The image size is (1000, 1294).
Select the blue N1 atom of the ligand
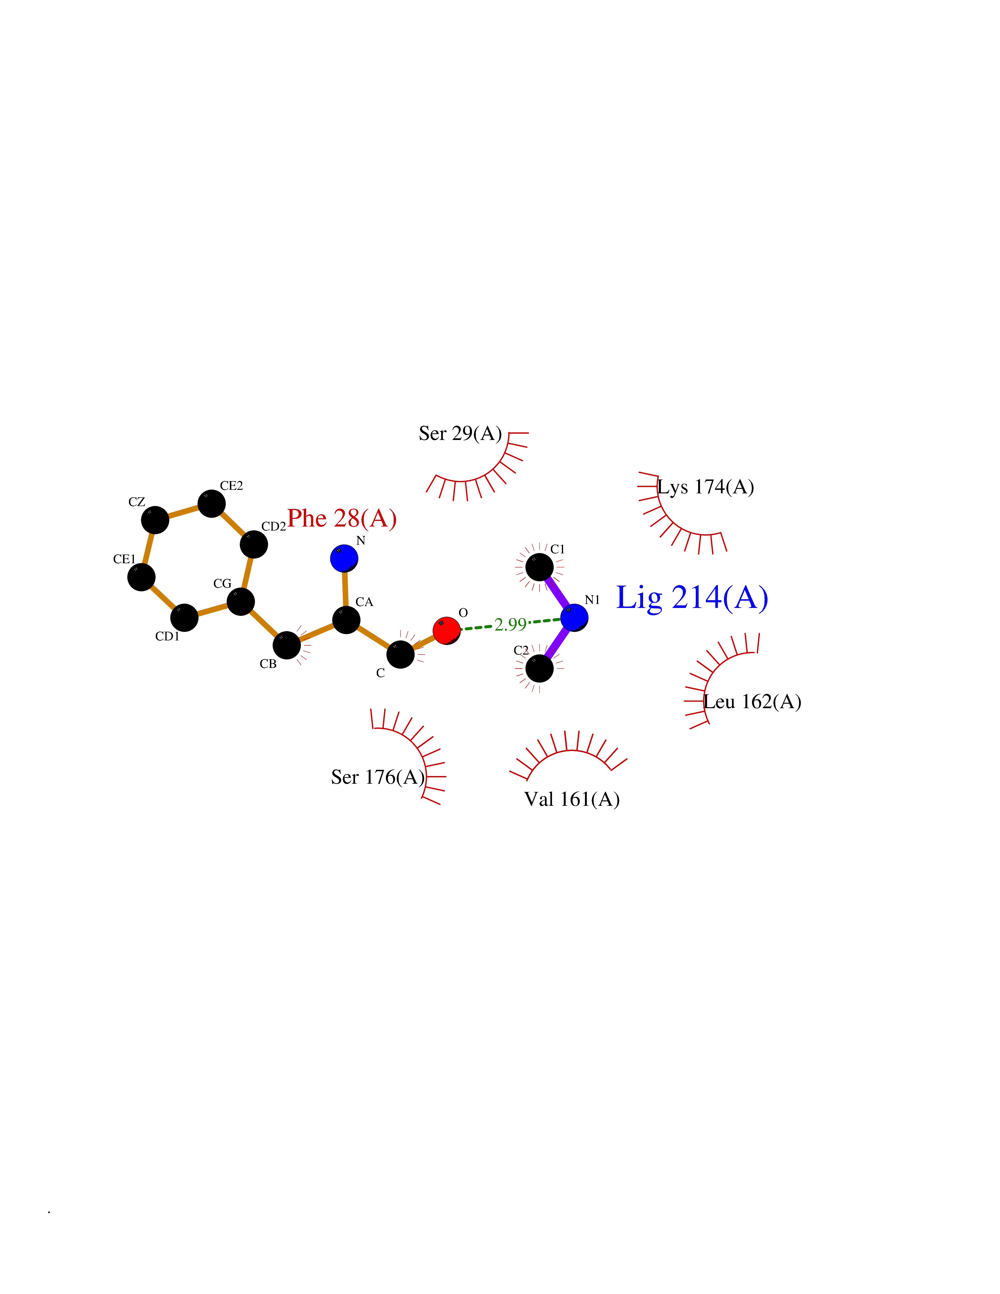point(574,617)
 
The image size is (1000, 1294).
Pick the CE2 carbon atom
point(212,504)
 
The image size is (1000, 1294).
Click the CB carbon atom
point(287,645)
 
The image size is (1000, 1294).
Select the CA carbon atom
point(346,620)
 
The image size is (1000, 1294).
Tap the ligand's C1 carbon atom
point(539,567)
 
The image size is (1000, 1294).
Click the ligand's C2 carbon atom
point(539,668)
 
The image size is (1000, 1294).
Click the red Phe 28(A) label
point(342,519)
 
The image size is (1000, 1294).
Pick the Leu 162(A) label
point(752,702)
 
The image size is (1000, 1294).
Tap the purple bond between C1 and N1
point(557,592)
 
